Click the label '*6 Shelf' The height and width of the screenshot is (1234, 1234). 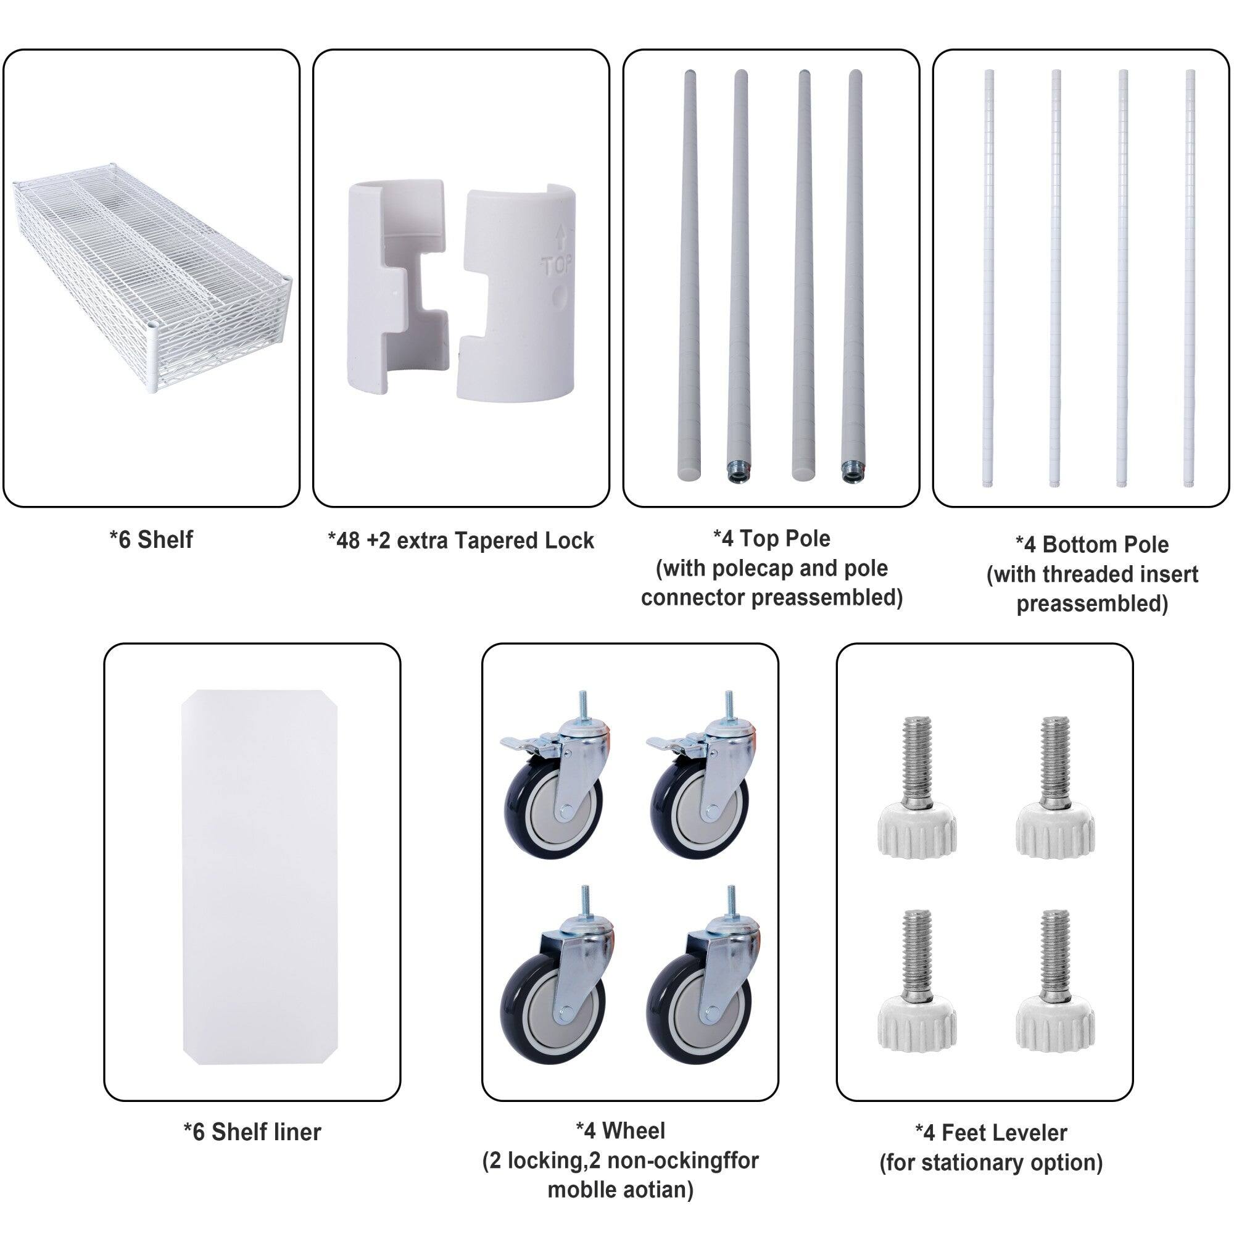151,540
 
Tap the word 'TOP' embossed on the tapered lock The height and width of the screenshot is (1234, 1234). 557,265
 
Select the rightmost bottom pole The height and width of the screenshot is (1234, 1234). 1190,278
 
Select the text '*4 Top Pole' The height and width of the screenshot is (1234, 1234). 772,539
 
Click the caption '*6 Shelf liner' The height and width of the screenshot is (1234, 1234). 252,1132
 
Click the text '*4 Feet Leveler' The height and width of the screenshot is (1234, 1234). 991,1132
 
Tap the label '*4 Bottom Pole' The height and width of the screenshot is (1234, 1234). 1091,545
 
